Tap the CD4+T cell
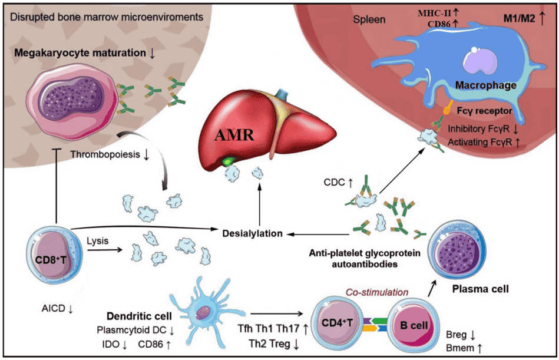point(338,323)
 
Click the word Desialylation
point(253,233)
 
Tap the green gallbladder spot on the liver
point(227,160)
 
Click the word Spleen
point(369,19)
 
